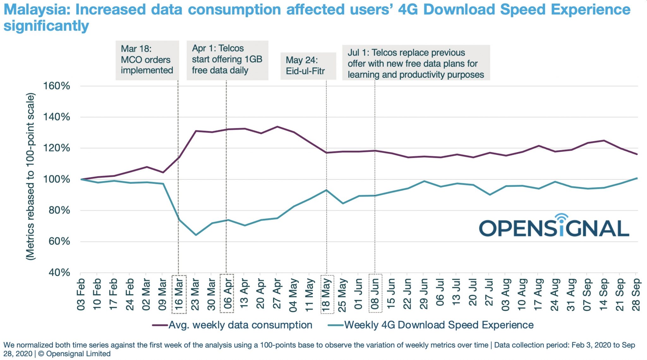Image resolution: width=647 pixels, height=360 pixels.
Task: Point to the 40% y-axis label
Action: (59, 273)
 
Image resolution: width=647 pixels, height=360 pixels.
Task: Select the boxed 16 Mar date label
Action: (179, 294)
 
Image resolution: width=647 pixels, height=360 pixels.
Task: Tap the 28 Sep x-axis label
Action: (636, 294)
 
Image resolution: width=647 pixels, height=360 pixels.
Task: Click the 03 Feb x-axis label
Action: (81, 294)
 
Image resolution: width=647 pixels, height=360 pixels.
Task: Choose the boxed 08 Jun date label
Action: (375, 294)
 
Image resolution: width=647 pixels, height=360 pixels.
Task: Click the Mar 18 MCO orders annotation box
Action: (147, 60)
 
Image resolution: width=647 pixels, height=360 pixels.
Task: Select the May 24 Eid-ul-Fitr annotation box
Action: (308, 66)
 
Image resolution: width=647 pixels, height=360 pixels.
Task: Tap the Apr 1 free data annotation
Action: (227, 60)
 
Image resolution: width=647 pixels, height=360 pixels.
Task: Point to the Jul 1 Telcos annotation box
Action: (416, 63)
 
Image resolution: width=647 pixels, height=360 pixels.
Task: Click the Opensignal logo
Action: (554, 226)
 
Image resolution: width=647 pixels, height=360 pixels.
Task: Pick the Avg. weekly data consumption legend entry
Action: (232, 325)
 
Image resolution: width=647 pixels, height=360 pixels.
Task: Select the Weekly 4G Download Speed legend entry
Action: (431, 325)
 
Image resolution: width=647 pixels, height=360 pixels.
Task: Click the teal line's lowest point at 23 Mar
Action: (196, 235)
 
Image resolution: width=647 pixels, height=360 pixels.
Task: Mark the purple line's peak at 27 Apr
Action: (277, 127)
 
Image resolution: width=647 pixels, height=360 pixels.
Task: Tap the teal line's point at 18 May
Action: (326, 190)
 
